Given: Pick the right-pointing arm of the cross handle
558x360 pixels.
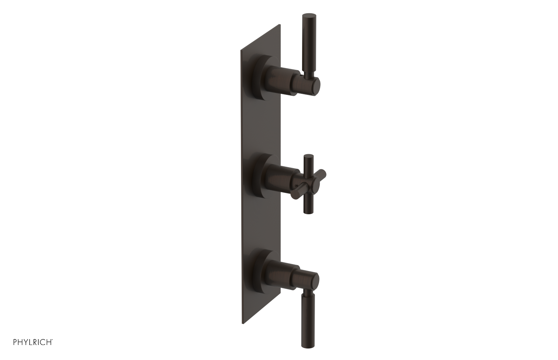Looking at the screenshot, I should [323, 173].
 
